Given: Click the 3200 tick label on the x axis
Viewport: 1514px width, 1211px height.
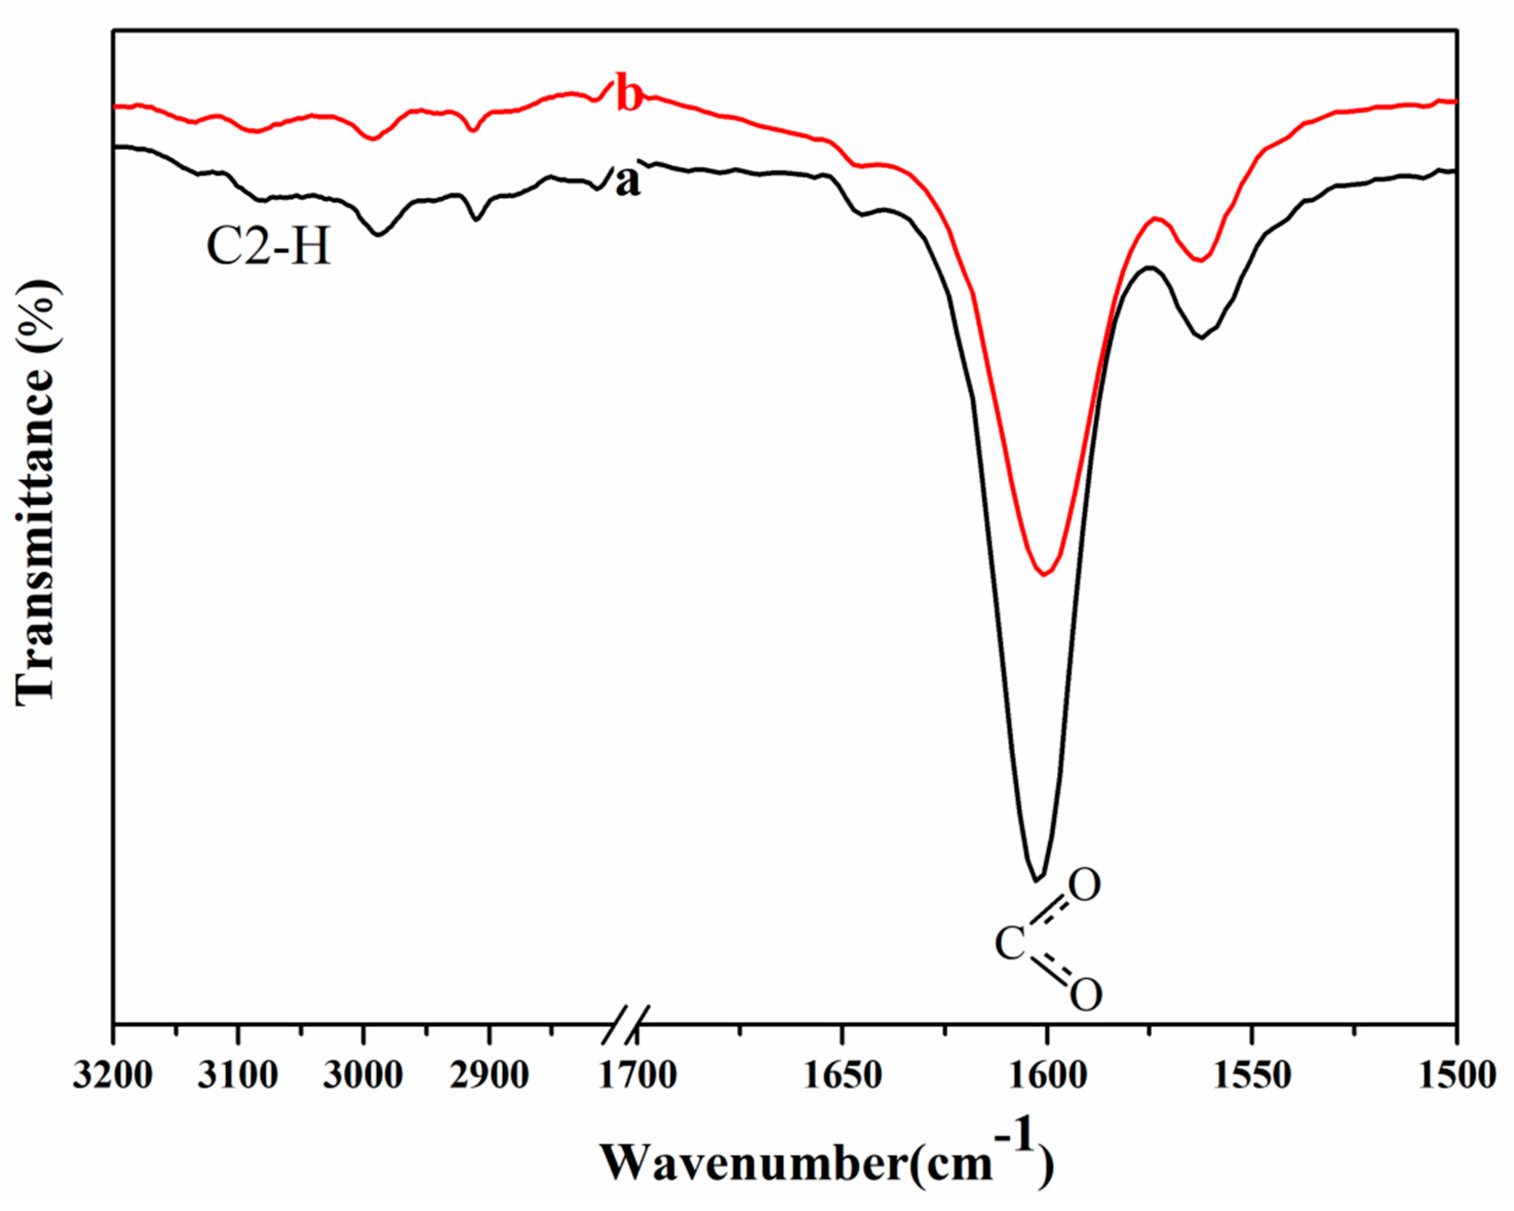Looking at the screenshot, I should pos(112,1076).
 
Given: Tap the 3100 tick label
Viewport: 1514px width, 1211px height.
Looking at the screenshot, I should pos(238,1076).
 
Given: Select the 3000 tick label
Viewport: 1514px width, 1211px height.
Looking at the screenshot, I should pos(363,1076).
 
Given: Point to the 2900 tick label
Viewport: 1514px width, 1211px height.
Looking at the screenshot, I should pos(489,1076).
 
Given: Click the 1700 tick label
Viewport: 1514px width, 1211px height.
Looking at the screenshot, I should pos(638,1076).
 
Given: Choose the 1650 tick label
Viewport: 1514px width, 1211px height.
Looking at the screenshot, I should pos(842,1076).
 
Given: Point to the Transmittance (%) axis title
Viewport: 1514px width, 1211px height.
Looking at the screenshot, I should pos(35,491).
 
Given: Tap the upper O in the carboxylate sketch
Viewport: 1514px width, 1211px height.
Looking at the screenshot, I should pos(1085,886).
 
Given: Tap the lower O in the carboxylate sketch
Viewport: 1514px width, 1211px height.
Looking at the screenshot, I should pos(1086,994).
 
